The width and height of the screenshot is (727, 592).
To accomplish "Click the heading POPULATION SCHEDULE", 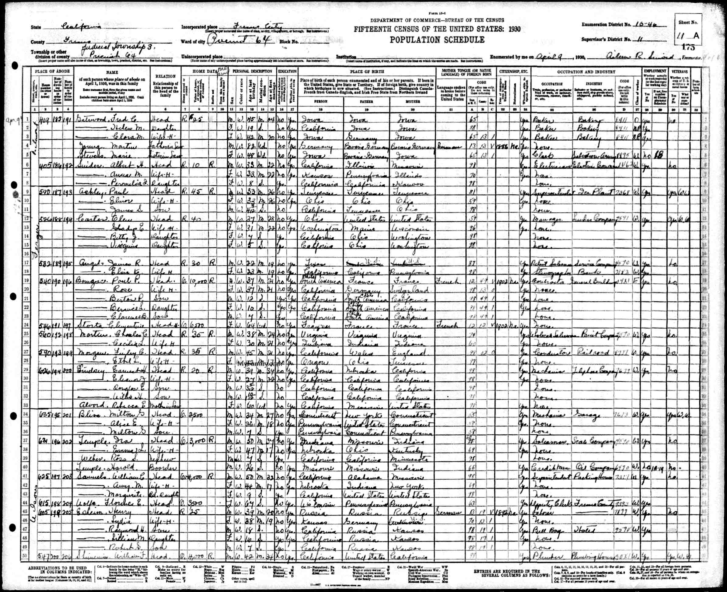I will (437, 40).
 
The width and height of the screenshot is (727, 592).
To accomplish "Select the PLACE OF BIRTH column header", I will (367, 72).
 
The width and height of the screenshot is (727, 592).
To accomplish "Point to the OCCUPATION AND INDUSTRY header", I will (586, 72).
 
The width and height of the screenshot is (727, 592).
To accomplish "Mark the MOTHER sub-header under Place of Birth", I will (412, 101).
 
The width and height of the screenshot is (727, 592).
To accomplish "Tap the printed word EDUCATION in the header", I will (288, 72).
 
